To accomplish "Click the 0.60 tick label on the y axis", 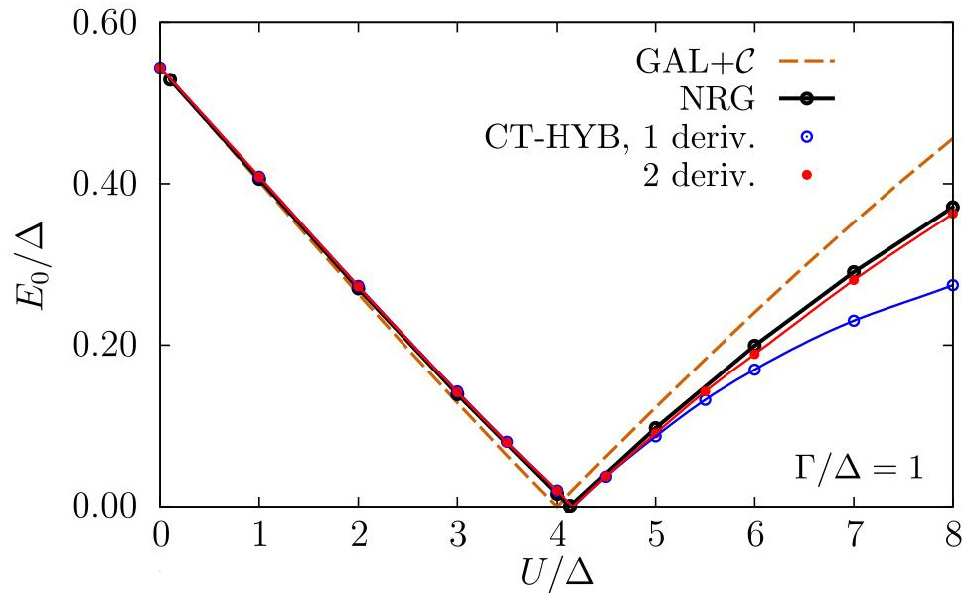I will [105, 23].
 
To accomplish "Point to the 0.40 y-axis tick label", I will [105, 184].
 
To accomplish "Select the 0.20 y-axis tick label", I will [105, 346].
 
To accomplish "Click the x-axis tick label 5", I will [655, 535].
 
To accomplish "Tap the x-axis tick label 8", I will [953, 535].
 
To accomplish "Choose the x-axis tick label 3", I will [457, 535].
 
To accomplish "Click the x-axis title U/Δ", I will [557, 571].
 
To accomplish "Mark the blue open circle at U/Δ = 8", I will [953, 285].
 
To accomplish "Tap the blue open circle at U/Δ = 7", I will [854, 320].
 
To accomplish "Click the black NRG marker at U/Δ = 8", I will [953, 207].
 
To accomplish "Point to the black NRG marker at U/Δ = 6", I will [754, 346].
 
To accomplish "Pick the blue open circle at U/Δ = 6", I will [754, 370].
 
